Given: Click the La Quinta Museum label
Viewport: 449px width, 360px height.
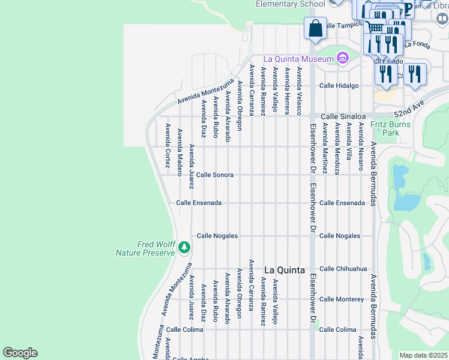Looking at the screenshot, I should (298, 59).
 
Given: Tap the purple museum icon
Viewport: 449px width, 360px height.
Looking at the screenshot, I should (342, 58).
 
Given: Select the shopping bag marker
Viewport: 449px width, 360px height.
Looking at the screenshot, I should (315, 28).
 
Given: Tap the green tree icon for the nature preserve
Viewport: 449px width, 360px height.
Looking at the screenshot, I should (184, 247).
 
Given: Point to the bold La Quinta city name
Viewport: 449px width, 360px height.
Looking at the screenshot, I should (285, 270).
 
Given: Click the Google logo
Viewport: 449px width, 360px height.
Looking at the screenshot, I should (20, 353).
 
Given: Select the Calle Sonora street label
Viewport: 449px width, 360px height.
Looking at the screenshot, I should (215, 175).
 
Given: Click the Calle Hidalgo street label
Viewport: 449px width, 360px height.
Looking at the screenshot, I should (339, 86).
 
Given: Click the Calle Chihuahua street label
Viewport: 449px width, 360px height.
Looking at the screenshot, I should (343, 269).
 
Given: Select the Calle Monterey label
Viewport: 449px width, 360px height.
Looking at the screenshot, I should (342, 299).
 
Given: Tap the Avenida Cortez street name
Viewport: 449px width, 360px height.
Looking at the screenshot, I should (167, 141).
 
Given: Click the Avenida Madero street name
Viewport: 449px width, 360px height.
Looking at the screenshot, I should (179, 148).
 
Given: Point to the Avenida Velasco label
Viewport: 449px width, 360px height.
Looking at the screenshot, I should (299, 91).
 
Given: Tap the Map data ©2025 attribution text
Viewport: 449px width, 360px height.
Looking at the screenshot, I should (423, 355).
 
